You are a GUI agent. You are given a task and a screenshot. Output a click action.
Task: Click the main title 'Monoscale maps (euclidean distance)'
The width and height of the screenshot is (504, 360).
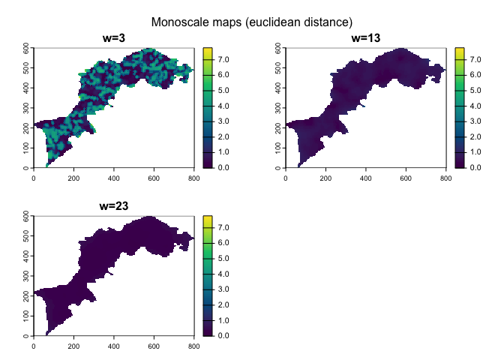tap(252, 22)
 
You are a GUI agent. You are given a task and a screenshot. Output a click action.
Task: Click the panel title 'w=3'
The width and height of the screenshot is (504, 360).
tap(113, 38)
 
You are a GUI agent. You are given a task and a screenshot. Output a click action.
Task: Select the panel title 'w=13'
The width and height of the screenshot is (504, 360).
tap(365, 38)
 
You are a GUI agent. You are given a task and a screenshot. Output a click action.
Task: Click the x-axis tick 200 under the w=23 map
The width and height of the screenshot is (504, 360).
tap(73, 347)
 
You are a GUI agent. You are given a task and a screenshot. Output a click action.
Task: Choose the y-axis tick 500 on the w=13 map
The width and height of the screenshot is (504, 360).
tap(279, 67)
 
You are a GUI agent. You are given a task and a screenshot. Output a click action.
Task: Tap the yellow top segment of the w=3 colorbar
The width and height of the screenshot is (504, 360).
tap(207, 50)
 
